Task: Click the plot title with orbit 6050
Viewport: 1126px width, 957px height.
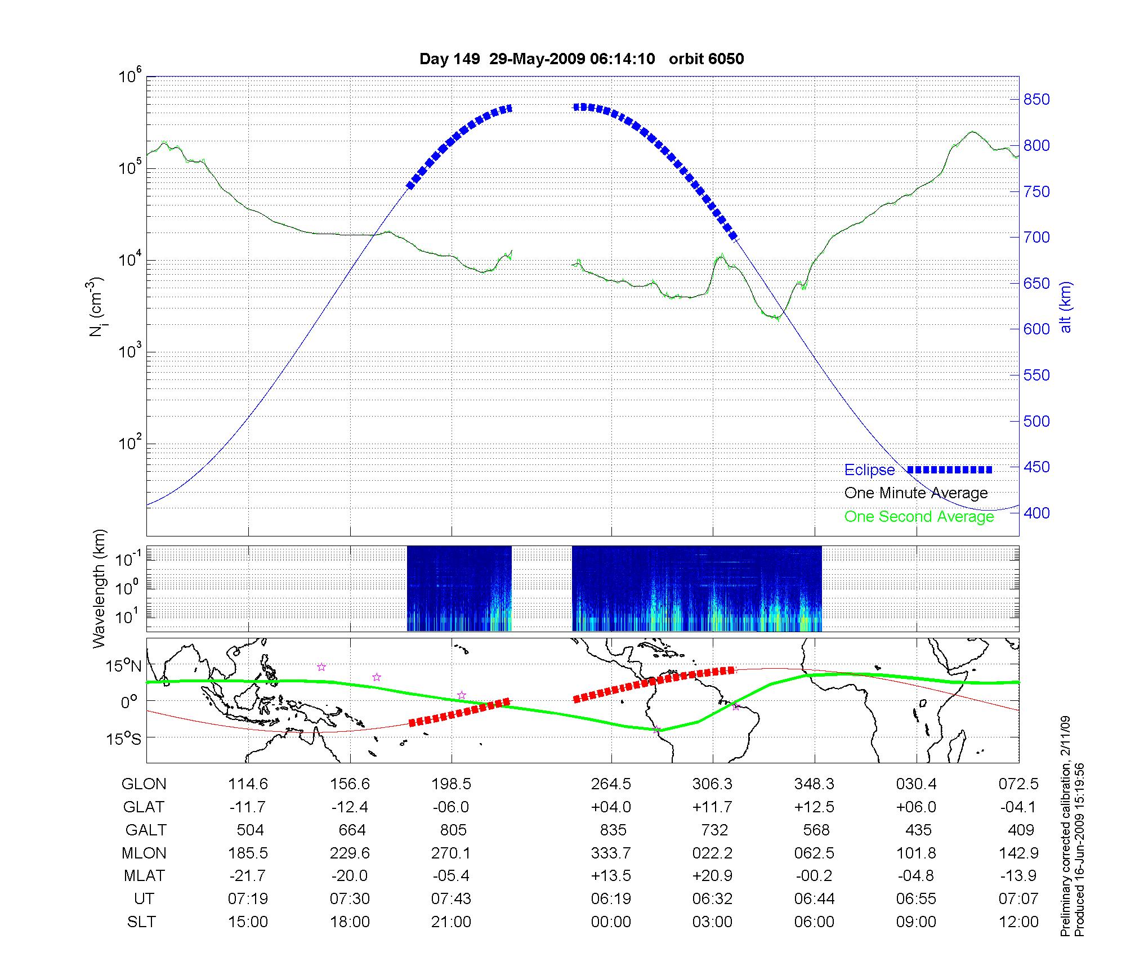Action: click(582, 59)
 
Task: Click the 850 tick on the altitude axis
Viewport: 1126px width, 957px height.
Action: click(1036, 100)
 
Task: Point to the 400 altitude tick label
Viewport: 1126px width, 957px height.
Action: click(1036, 513)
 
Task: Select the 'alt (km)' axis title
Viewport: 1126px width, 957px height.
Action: click(1066, 307)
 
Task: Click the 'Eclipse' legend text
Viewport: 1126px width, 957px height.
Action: click(869, 470)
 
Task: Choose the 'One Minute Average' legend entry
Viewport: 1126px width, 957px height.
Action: click(916, 493)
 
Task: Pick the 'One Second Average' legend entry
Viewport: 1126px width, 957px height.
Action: click(919, 516)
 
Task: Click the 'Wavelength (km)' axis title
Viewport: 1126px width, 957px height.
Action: click(99, 589)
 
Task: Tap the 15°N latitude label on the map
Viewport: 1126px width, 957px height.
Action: click(124, 667)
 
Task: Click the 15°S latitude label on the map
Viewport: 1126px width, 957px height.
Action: click(124, 738)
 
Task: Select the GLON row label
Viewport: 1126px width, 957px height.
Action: click(144, 784)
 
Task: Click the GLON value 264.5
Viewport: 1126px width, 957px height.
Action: click(611, 784)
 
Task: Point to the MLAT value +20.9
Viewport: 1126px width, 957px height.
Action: click(712, 876)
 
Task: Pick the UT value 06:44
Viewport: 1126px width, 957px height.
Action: click(814, 899)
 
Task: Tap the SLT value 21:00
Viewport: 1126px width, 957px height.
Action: click(451, 922)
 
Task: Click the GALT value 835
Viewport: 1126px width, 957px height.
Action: click(613, 830)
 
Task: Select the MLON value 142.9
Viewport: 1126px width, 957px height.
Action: click(1018, 853)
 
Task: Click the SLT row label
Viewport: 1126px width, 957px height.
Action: click(141, 922)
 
